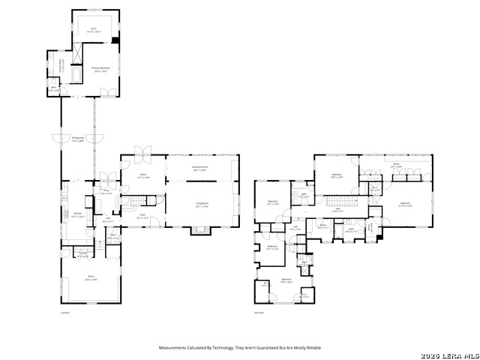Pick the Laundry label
(82, 254)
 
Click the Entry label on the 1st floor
(106, 192)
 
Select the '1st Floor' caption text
(64, 313)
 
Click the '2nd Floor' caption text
(259, 313)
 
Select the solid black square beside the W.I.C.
(115, 40)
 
